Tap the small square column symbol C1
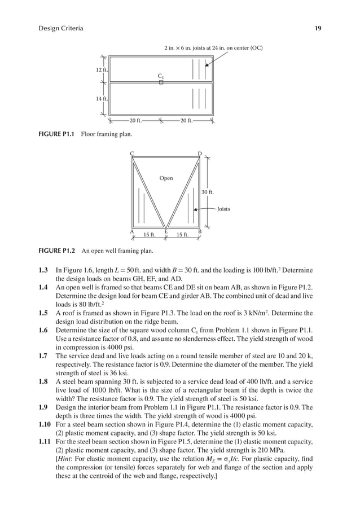coord(161,82)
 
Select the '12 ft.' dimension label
coord(101,69)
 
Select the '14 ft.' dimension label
coord(101,99)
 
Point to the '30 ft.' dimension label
coord(208,192)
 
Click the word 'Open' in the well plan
coord(166,178)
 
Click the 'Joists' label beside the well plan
coord(223,209)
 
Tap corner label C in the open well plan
coord(131,153)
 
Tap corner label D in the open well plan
coord(199,153)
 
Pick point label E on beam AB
coord(166,231)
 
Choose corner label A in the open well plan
coord(131,231)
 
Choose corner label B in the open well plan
coord(199,231)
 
